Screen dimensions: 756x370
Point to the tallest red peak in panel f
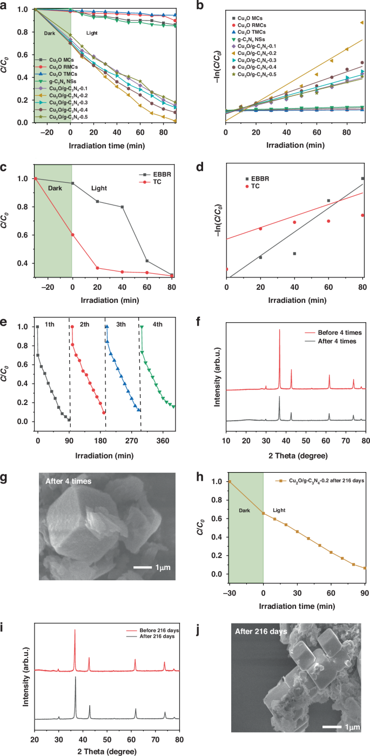pos(279,330)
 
